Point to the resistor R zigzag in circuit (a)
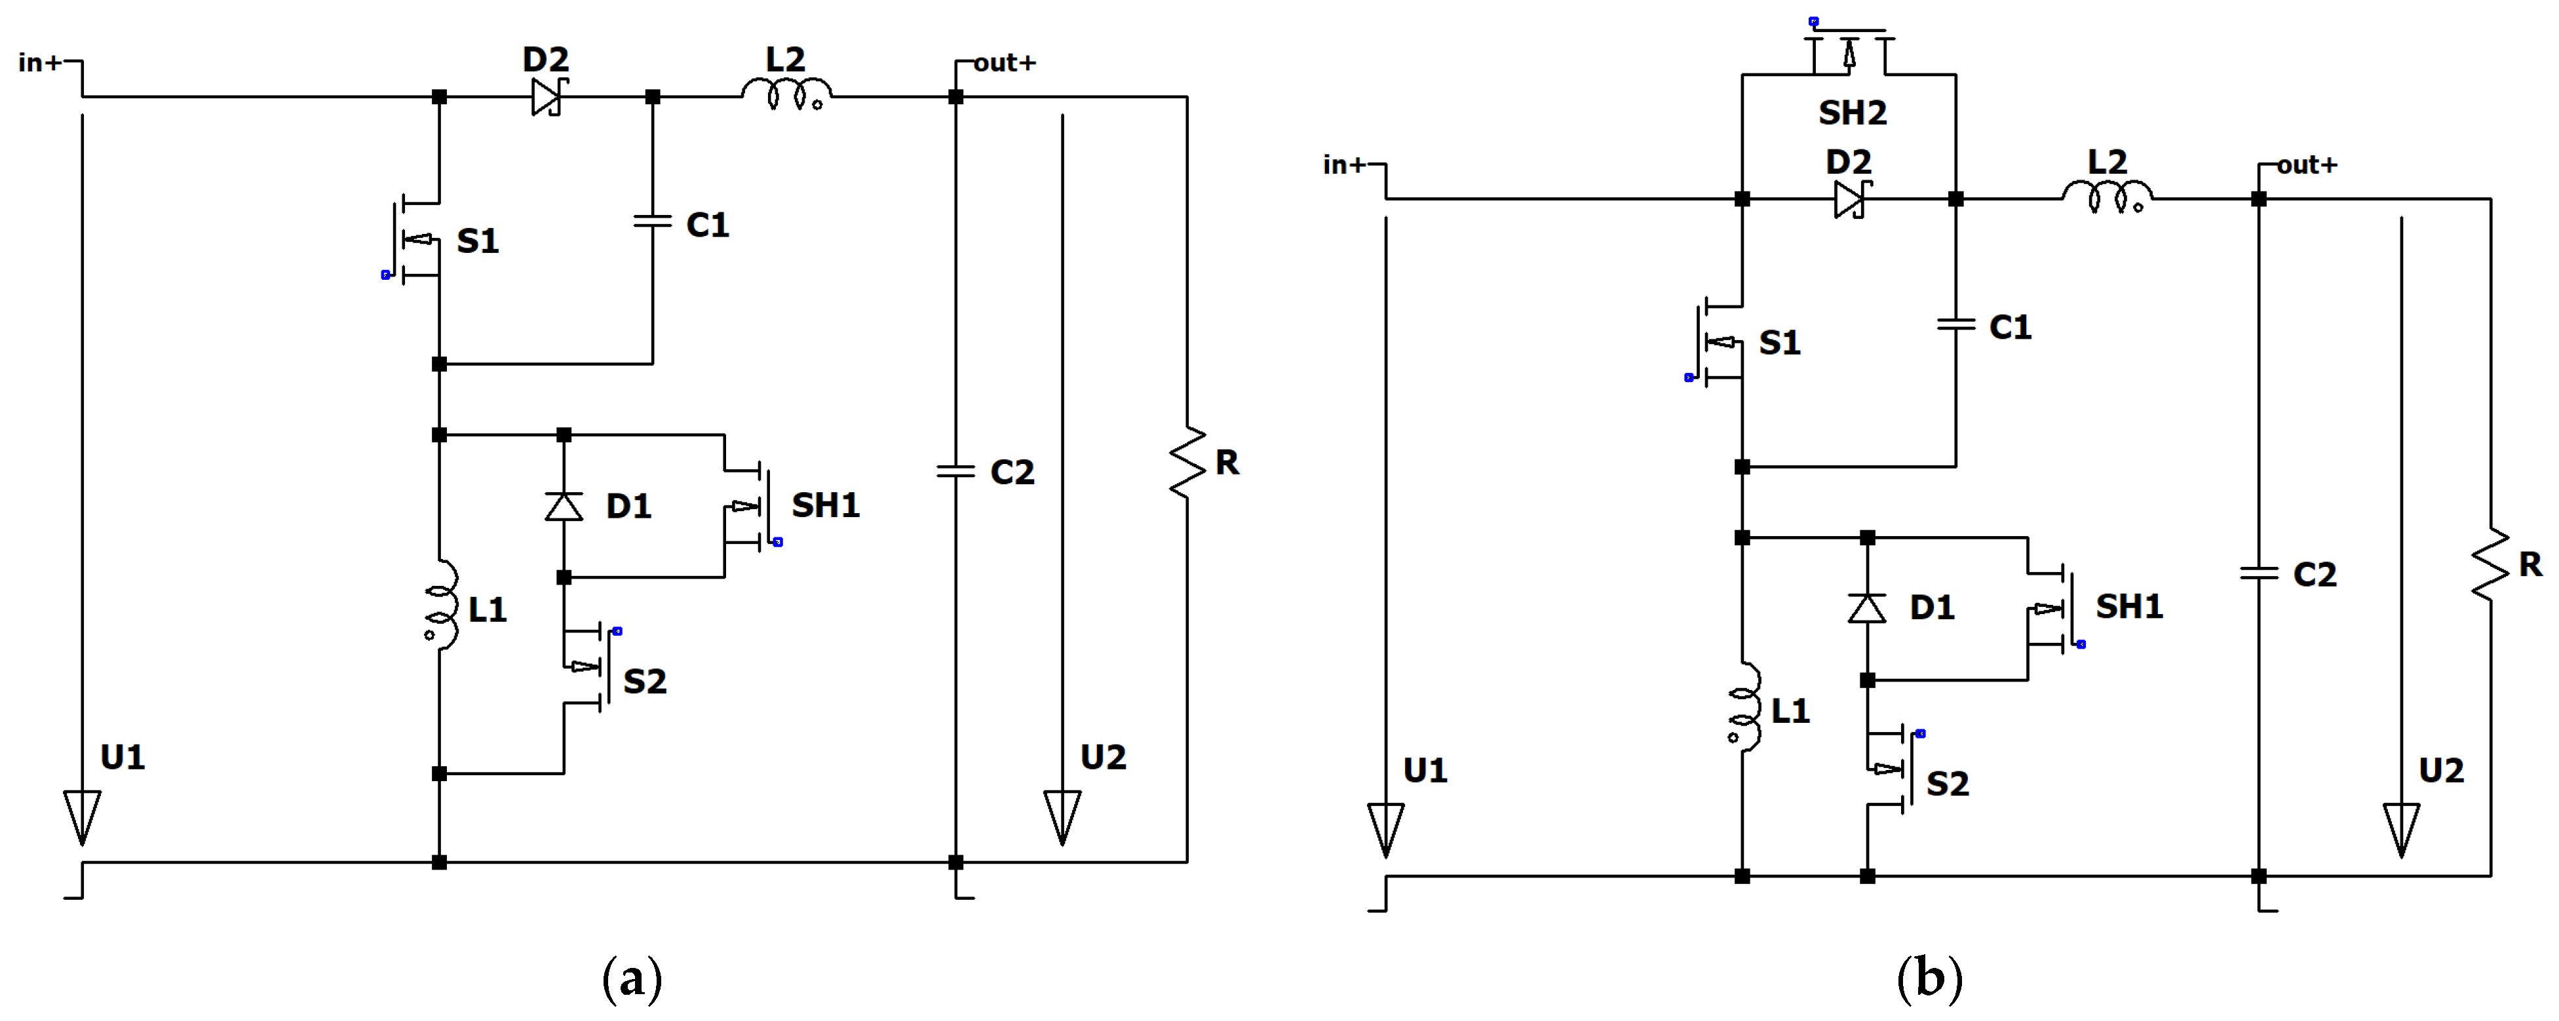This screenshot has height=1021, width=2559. pos(1187,463)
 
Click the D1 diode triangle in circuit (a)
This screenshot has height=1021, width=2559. pos(564,507)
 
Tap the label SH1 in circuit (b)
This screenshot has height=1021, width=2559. pos(2129,606)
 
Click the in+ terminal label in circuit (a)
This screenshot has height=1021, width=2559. pos(40,62)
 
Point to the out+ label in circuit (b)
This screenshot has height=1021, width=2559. pos(2307,165)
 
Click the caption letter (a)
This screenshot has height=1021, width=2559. pos(632,978)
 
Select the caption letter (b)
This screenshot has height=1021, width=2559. pos(1929,978)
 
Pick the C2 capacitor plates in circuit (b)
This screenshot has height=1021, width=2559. pos(2258,573)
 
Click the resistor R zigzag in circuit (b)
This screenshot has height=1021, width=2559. pos(2490,565)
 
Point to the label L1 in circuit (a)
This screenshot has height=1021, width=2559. pos(488,610)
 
